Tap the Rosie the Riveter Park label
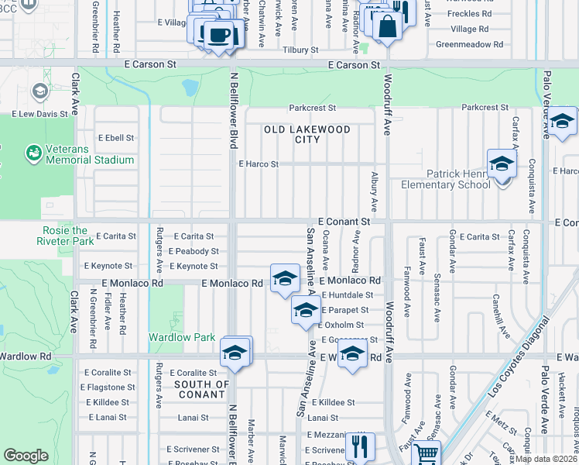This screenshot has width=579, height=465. coord(63,236)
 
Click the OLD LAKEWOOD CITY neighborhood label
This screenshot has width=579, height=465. coord(307,134)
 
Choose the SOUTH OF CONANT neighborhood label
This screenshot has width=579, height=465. coord(201,389)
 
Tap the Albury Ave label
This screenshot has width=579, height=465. coord(374,191)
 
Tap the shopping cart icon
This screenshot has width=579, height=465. coord(425,453)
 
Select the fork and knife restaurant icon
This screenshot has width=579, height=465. coord(359,446)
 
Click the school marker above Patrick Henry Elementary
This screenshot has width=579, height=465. coord(502,164)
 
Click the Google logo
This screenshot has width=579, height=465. coord(26,456)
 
